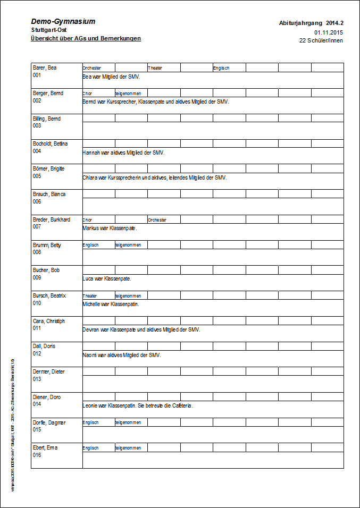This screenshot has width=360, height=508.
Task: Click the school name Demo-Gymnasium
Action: pyautogui.click(x=63, y=22)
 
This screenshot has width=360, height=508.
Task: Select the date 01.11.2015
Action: pyautogui.click(x=329, y=32)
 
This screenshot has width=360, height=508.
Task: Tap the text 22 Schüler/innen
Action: pyautogui.click(x=321, y=40)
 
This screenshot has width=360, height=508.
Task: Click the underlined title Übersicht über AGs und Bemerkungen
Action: pyautogui.click(x=86, y=39)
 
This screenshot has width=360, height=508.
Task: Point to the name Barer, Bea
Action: pyautogui.click(x=45, y=68)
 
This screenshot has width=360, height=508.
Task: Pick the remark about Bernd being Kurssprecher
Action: pyautogui.click(x=156, y=101)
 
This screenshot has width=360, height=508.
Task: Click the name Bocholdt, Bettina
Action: pyautogui.click(x=51, y=144)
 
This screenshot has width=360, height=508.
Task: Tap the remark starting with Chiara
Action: pyautogui.click(x=155, y=177)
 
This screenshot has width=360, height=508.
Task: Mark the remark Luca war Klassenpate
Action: pyautogui.click(x=107, y=278)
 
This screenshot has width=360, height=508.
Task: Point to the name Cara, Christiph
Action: pyautogui.click(x=49, y=321)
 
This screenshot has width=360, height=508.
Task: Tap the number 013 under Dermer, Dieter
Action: pyautogui.click(x=37, y=379)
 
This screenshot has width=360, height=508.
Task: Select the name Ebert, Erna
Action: pyautogui.click(x=45, y=448)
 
